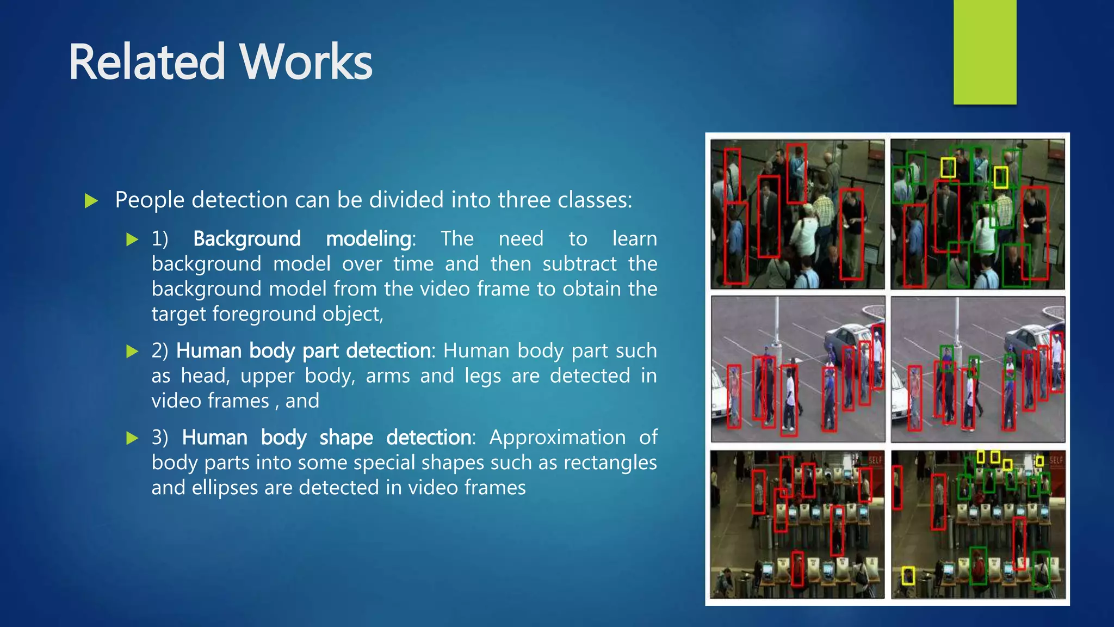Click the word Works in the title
tap(306, 62)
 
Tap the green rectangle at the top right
tap(985, 52)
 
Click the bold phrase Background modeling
tap(302, 239)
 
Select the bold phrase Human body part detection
tap(304, 351)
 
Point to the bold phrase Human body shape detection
tap(327, 438)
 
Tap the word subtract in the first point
tap(579, 264)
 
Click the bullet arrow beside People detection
tap(91, 201)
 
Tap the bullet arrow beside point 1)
tap(132, 239)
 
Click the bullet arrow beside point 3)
tap(132, 438)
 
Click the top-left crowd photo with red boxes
tap(797, 214)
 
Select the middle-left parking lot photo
tap(797, 369)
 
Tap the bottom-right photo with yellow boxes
tap(978, 524)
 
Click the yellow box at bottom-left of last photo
tap(908, 576)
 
